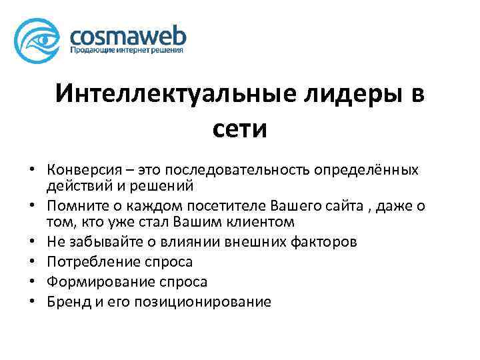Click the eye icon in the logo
(40, 40)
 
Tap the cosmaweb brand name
(127, 34)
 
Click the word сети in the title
(240, 127)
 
